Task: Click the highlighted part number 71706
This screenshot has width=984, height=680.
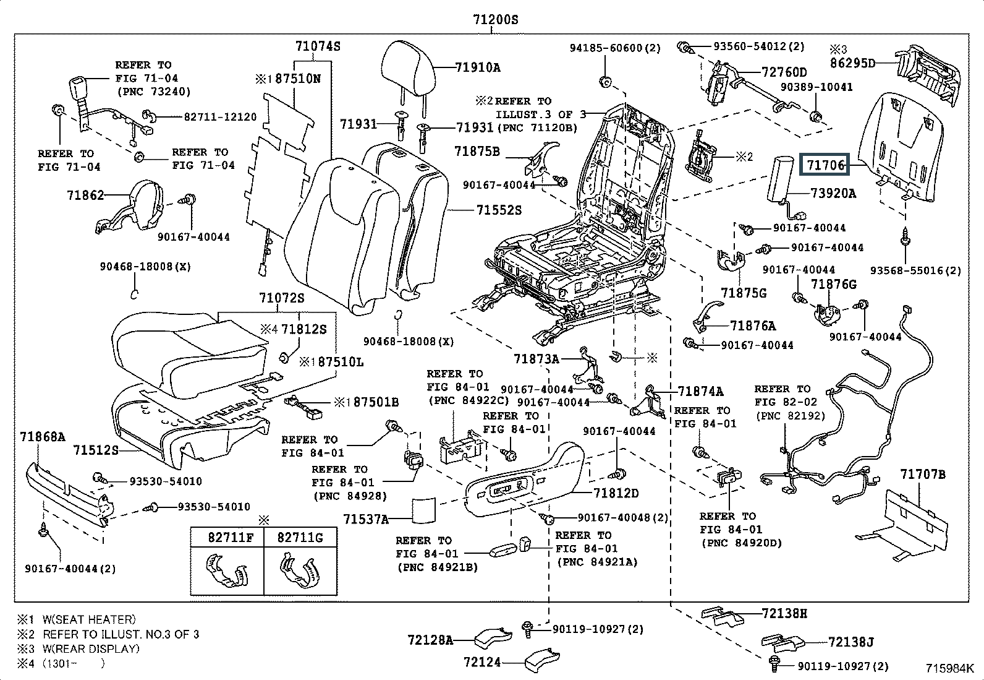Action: (x=825, y=165)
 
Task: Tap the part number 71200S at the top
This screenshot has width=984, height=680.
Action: (x=495, y=20)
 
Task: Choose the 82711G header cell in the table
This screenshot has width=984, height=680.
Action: (x=300, y=537)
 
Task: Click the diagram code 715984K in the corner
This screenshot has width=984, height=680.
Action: (x=949, y=668)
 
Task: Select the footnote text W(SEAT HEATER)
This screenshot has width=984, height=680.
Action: (x=89, y=619)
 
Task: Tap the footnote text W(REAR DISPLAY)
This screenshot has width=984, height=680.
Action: (x=91, y=648)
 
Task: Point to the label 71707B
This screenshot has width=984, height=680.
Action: (x=922, y=475)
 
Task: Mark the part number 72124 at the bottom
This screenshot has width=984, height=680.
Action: (x=482, y=662)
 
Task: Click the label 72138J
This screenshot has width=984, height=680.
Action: (x=850, y=642)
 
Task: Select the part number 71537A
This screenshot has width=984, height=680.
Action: (x=366, y=519)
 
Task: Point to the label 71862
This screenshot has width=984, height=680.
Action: (x=85, y=196)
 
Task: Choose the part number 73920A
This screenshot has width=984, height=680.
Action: (x=833, y=193)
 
